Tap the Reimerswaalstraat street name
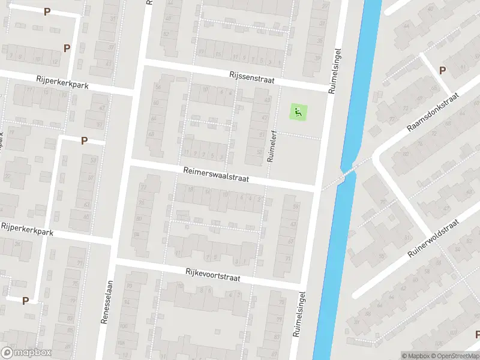(216, 175)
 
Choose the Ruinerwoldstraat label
(433, 238)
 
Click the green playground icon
(298, 111)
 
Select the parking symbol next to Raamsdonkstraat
(442, 70)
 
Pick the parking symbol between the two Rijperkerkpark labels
(84, 140)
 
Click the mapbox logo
(26, 353)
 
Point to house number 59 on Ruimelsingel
(295, 207)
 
